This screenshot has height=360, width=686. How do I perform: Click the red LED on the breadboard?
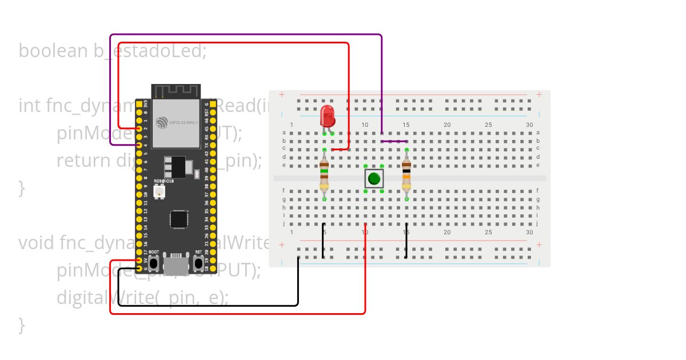[327, 115]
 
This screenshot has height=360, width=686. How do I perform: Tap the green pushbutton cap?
[374, 178]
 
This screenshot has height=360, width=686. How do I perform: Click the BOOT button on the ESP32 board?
[154, 264]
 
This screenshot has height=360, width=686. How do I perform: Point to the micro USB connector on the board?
[176, 264]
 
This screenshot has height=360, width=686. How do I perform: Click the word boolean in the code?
[53, 51]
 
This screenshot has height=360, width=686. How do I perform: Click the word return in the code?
[83, 161]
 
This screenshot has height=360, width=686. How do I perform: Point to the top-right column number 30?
[529, 125]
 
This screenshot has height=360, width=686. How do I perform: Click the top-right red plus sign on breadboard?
[539, 95]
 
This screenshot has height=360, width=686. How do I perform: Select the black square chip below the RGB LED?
[179, 219]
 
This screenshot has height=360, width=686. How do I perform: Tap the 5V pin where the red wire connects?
[139, 261]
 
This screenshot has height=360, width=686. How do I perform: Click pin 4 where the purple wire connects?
[139, 145]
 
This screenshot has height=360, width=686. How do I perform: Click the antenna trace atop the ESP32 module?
[176, 91]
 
